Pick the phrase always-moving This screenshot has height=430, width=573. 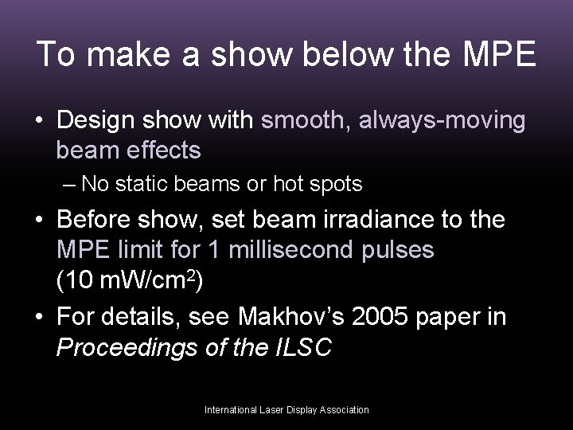443,121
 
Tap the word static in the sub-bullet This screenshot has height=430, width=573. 140,185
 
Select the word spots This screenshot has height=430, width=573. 337,186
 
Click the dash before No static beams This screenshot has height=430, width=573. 69,185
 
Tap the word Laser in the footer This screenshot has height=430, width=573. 275,409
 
